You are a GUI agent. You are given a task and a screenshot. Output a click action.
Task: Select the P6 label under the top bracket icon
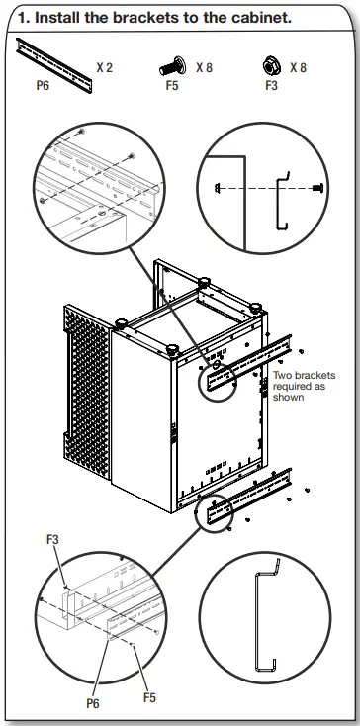point(41,86)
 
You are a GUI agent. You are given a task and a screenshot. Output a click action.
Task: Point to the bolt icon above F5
point(173,67)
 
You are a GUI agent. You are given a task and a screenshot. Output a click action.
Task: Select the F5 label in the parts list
point(173,86)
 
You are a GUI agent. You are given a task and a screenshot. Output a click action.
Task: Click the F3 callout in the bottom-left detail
point(53,541)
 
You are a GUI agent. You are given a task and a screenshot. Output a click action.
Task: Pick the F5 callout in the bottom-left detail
point(149,697)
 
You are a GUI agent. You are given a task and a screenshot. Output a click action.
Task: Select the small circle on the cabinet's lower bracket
point(213,511)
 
